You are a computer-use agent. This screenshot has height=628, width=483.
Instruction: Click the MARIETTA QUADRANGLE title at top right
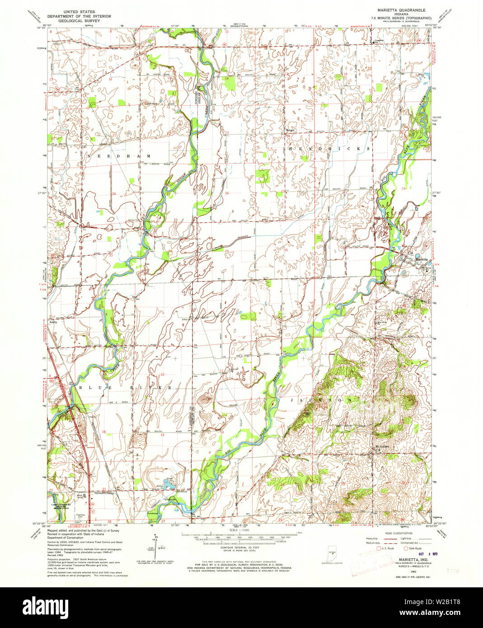point(398,9)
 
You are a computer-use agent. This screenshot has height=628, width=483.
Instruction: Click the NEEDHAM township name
point(119,156)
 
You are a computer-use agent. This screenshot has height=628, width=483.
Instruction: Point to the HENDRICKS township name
point(330,148)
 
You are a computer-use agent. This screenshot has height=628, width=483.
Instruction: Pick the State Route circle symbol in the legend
point(405,548)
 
